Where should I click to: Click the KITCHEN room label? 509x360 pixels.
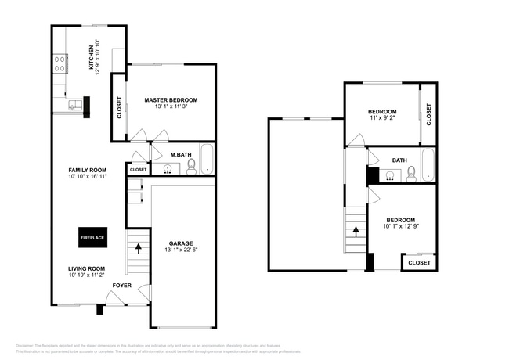click(x=92, y=57)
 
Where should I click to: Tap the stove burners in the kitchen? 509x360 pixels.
click(x=60, y=63)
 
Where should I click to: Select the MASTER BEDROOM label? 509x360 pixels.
click(x=171, y=100)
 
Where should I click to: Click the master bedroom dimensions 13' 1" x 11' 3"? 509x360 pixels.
click(x=171, y=107)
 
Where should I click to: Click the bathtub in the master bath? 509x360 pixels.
click(x=206, y=160)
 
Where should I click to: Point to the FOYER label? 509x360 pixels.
click(x=122, y=286)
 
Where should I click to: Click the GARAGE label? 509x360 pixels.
click(x=181, y=243)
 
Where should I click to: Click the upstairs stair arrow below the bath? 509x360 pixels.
click(x=356, y=232)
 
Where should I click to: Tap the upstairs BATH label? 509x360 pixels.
click(x=399, y=160)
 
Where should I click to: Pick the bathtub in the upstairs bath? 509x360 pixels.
click(x=428, y=166)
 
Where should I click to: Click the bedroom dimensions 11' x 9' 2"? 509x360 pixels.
click(x=382, y=119)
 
